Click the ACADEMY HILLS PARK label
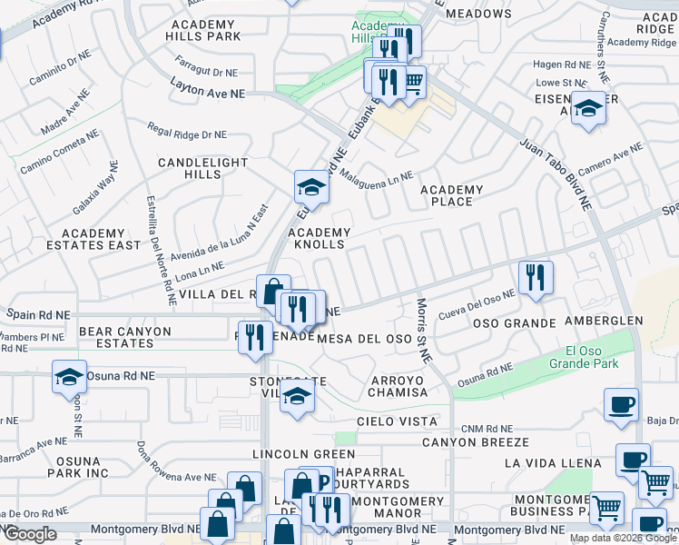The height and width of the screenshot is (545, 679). tap(203, 29)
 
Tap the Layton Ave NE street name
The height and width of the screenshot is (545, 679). tap(208, 88)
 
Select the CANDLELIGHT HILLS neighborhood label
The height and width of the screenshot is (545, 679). tap(202, 168)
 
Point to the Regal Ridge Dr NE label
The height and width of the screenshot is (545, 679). tap(186, 134)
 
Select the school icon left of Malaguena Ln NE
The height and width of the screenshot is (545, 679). tap(311, 187)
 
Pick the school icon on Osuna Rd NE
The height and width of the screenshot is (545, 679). tap(69, 376)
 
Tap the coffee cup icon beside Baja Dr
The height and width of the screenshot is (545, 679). tap(621, 404)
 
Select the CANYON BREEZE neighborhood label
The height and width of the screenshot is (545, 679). tap(475, 442)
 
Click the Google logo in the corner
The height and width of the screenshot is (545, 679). tap(30, 534)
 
